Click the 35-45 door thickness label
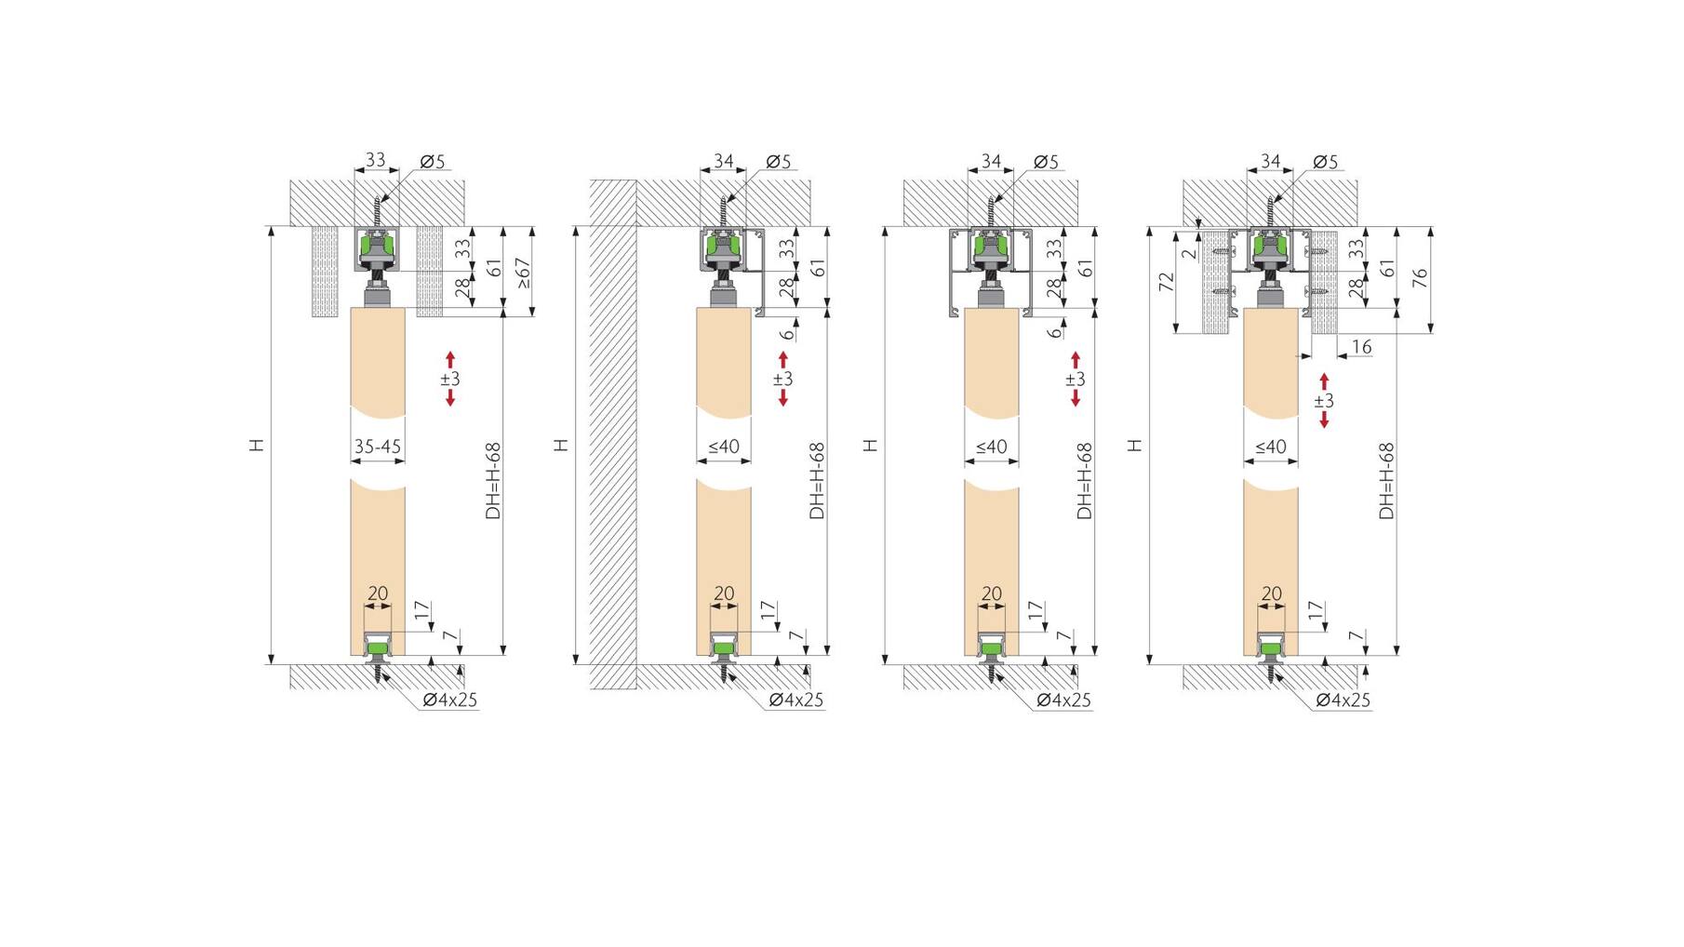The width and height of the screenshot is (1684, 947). tap(378, 447)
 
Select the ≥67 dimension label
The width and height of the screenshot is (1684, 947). tap(524, 273)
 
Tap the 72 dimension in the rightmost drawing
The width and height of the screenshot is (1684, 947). tap(1167, 281)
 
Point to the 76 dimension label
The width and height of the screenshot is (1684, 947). tap(1420, 277)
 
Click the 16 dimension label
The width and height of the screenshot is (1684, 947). tap(1361, 347)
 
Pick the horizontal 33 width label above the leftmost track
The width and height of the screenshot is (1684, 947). tap(375, 160)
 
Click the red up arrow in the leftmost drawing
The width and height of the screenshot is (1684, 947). tap(450, 359)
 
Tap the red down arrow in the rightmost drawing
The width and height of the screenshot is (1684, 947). tap(1324, 420)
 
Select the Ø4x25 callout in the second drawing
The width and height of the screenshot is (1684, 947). tap(796, 700)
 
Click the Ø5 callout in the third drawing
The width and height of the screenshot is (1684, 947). tap(1046, 162)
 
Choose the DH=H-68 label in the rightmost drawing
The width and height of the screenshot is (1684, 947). tap(1386, 480)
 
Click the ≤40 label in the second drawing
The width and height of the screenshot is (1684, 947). tap(724, 447)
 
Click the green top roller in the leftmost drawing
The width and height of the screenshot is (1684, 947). tap(377, 248)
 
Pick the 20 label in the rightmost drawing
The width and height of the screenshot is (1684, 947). tap(1271, 594)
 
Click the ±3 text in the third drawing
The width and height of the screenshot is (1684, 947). tap(1076, 379)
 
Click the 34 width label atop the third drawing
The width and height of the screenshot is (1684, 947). tap(991, 162)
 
